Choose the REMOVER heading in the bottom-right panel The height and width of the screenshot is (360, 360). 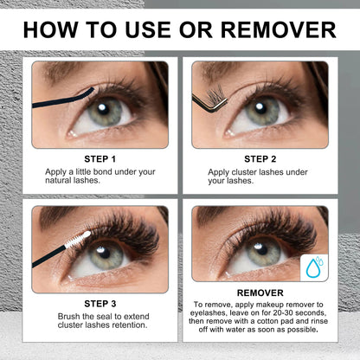(260, 292)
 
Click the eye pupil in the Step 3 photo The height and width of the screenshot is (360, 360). (106, 256)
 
